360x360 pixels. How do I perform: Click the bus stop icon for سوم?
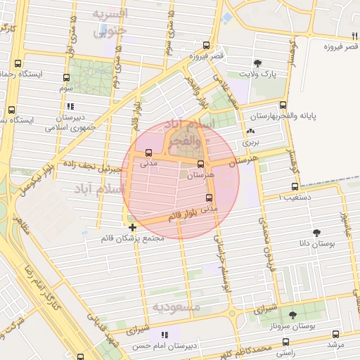(x=67, y=79)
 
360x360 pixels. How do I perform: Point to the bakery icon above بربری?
(x=251, y=131)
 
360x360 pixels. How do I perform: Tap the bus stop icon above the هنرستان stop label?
(x=201, y=164)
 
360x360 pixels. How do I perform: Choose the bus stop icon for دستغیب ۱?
(x=295, y=186)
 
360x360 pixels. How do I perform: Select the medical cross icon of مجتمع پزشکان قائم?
(x=133, y=227)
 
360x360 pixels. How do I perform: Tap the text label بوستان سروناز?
(x=312, y=327)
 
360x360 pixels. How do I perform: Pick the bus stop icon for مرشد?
(x=335, y=335)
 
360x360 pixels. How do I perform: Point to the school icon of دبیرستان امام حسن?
(x=165, y=335)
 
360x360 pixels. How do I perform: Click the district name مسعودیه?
(x=176, y=307)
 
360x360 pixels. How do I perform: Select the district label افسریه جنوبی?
(x=110, y=22)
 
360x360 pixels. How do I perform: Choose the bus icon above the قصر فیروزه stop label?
(x=205, y=44)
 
